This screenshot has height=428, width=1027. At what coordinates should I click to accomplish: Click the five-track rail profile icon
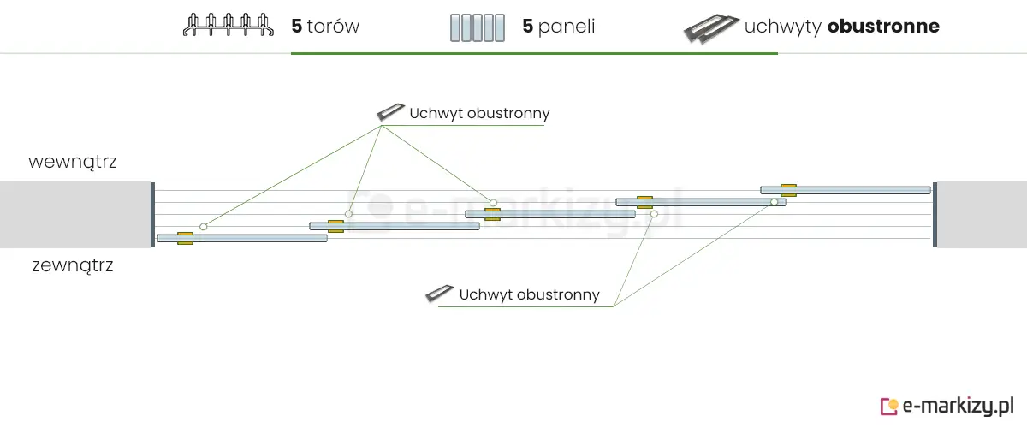pyautogui.click(x=229, y=26)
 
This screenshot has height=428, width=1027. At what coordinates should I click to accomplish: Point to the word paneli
pyautogui.click(x=567, y=27)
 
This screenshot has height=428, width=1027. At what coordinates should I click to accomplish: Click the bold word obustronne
pyautogui.click(x=883, y=27)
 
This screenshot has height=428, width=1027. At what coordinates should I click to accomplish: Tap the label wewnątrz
pyautogui.click(x=72, y=162)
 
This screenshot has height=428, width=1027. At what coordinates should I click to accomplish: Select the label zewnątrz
pyautogui.click(x=72, y=265)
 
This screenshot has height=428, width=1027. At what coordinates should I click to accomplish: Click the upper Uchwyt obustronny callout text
pyautogui.click(x=479, y=113)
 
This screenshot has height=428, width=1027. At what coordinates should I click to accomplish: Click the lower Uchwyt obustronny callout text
pyautogui.click(x=529, y=294)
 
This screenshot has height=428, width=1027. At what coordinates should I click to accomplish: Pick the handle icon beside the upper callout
pyautogui.click(x=390, y=112)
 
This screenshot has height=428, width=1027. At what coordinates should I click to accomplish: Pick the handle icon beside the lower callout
pyautogui.click(x=440, y=294)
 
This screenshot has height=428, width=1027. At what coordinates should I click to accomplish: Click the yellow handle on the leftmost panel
pyautogui.click(x=185, y=238)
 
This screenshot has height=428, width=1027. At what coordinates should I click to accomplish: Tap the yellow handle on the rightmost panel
pyautogui.click(x=788, y=189)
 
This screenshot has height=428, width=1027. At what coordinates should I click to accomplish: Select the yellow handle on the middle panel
pyautogui.click(x=492, y=214)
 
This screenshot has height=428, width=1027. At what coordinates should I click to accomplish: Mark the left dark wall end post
pyautogui.click(x=152, y=214)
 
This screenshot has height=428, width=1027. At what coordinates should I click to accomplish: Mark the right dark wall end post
pyautogui.click(x=935, y=214)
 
